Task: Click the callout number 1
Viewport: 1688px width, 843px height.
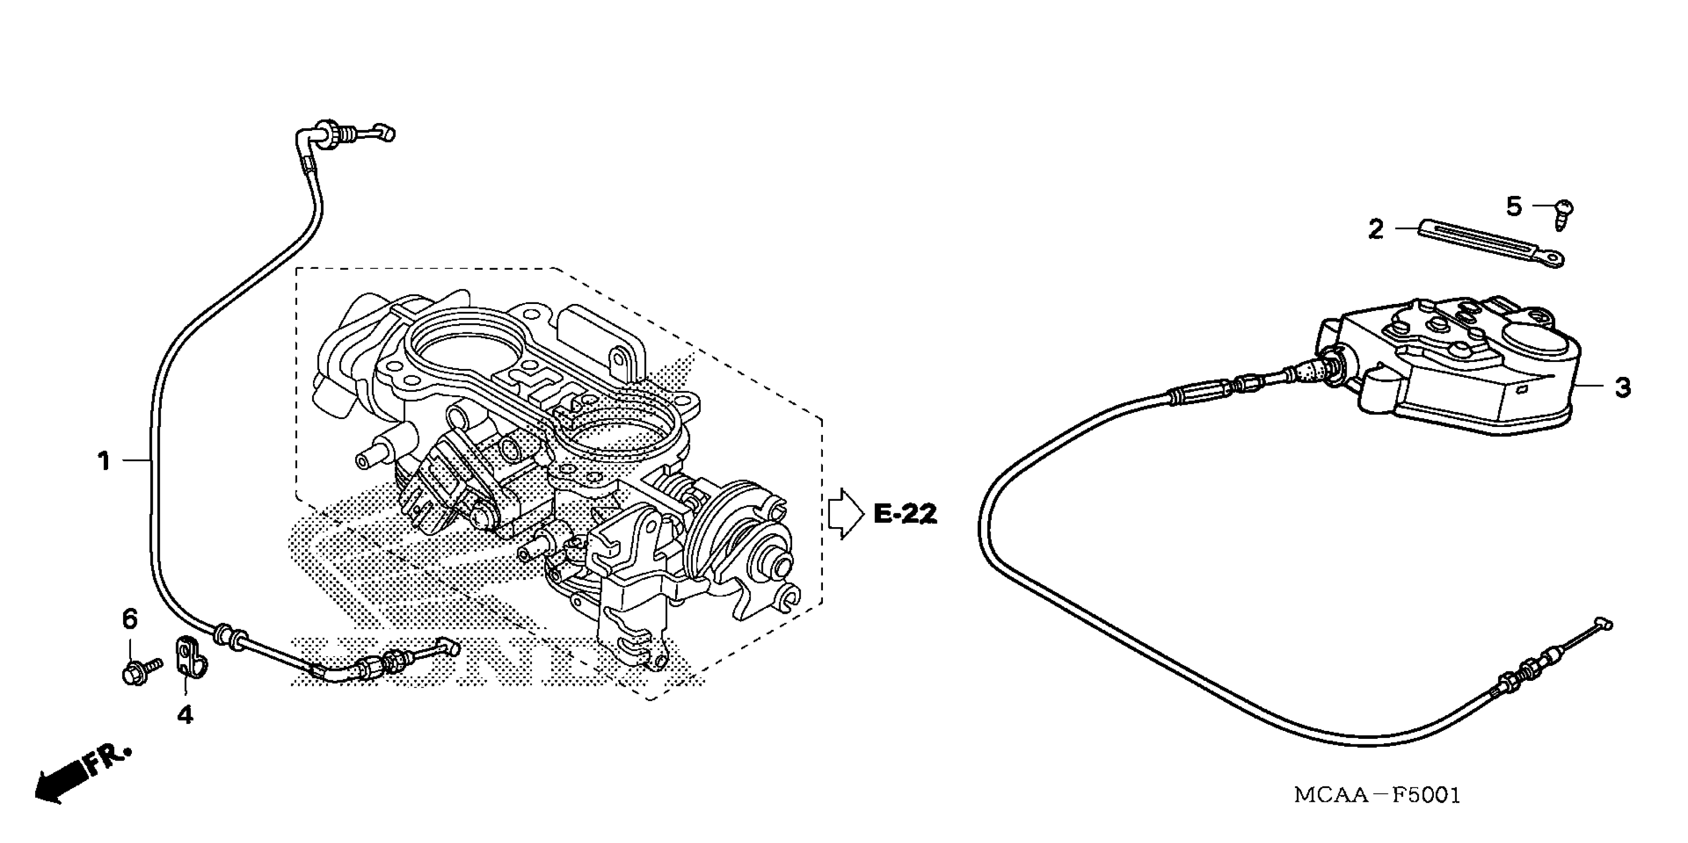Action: tap(104, 462)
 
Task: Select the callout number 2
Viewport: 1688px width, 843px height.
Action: tap(1375, 229)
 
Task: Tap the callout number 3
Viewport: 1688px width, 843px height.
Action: tap(1622, 388)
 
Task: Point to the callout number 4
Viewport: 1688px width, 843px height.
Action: tap(186, 715)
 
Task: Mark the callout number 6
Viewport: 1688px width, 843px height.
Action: tap(130, 619)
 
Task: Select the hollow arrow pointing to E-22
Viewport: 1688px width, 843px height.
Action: tap(846, 514)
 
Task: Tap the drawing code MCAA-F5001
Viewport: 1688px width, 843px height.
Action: tap(1377, 795)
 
